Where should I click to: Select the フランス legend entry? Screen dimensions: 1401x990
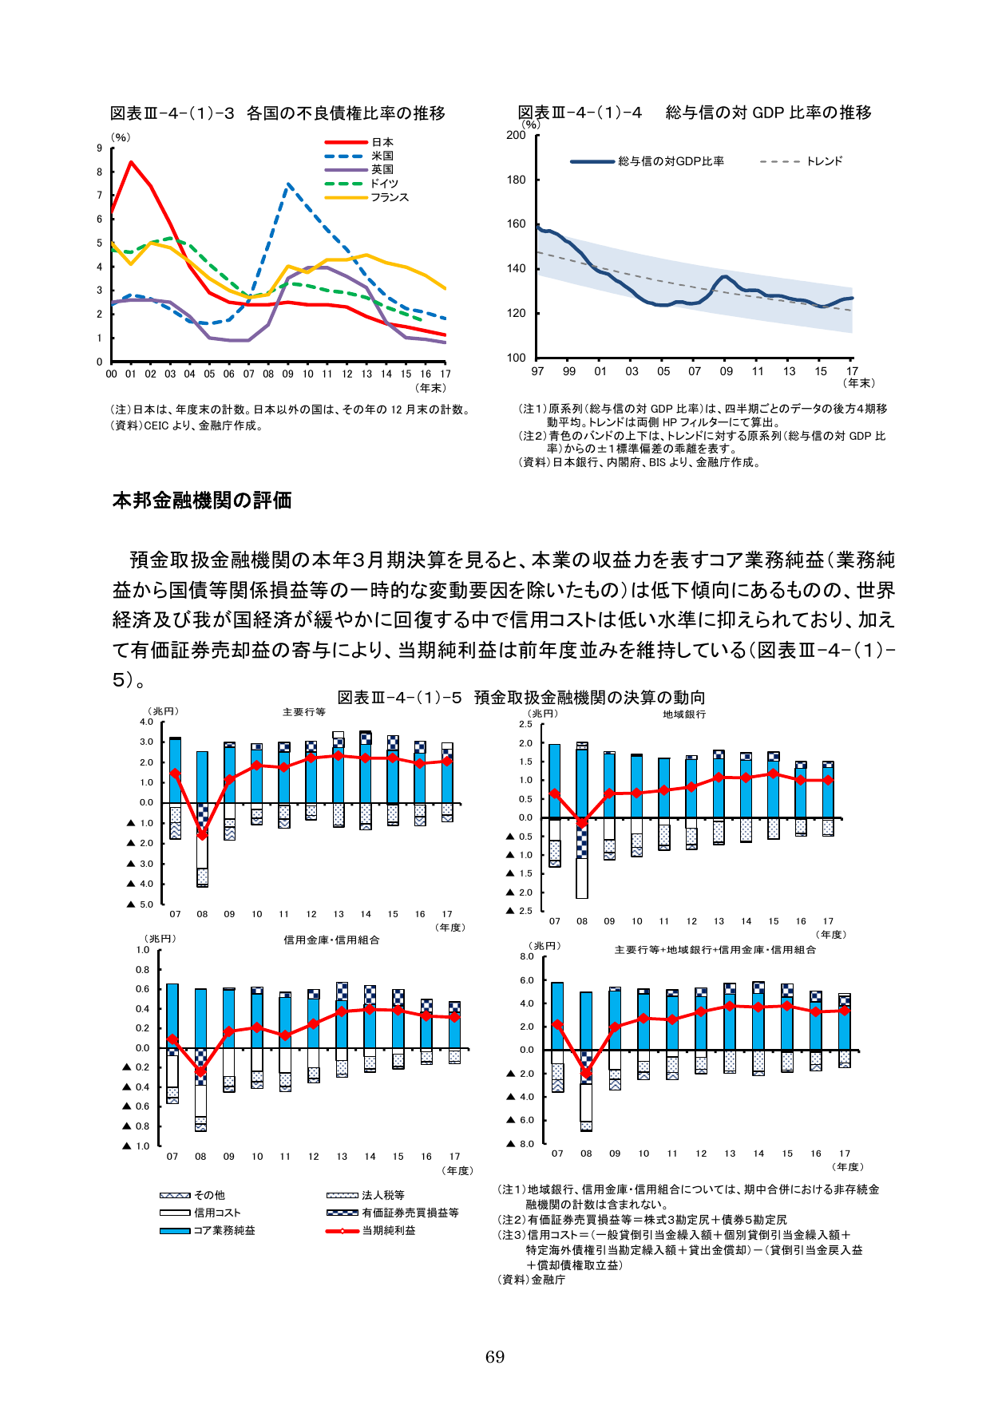coord(389,197)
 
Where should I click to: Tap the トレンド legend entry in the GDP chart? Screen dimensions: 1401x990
coord(824,161)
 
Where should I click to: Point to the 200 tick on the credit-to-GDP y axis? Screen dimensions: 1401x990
coord(517,135)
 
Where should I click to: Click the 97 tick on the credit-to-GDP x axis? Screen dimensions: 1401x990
coord(537,371)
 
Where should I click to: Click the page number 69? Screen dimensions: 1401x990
coord(495,1356)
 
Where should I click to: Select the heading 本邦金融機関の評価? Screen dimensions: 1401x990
coord(202,501)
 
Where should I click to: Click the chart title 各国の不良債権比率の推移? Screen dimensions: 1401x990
coord(346,113)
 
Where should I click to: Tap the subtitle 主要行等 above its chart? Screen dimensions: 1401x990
coord(303,712)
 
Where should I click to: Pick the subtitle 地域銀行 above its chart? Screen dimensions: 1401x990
coord(684,714)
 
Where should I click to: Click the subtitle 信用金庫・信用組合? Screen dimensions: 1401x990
coord(331,940)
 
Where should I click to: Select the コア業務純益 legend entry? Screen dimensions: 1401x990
coord(224,1230)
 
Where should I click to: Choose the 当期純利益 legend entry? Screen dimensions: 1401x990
coord(389,1230)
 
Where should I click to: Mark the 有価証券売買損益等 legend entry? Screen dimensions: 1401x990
coord(410,1213)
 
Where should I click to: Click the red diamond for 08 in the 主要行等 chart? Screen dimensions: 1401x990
coord(202,835)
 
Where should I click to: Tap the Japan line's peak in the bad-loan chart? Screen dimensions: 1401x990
coord(131,162)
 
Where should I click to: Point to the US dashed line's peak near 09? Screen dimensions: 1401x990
coord(288,184)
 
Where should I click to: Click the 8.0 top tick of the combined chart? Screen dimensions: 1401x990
coord(526,956)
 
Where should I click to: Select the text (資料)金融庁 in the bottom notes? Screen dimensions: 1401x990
coord(531,1280)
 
